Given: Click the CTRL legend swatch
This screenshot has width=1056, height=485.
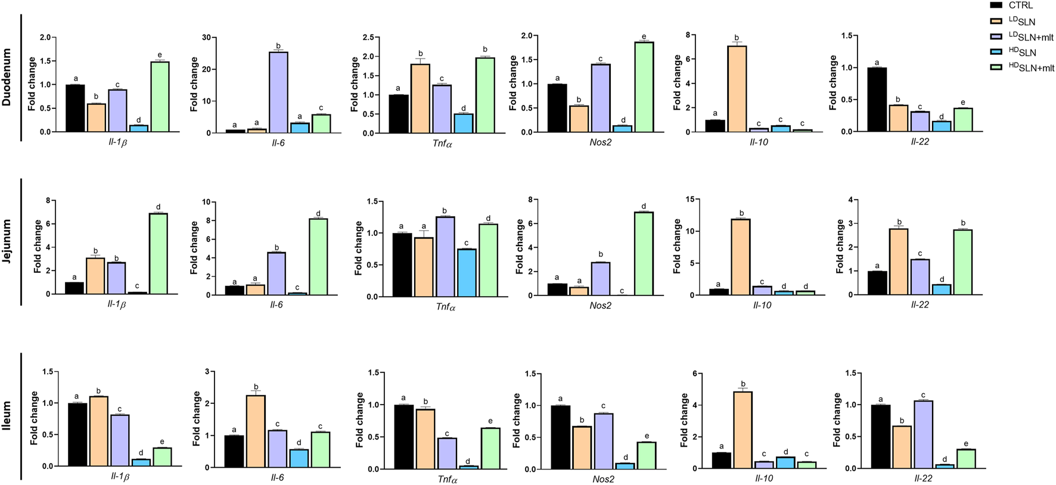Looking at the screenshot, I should (x=996, y=5).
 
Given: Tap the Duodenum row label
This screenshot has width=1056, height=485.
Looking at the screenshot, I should (x=7, y=77).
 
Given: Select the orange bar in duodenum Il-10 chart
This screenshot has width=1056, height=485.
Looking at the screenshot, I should (x=737, y=89).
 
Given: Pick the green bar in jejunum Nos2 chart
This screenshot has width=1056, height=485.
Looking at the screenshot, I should (x=644, y=253).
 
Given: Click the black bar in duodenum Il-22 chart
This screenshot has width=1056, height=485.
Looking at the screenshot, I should (x=877, y=100).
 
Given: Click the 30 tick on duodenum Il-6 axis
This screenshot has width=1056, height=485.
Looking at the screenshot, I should (x=207, y=38).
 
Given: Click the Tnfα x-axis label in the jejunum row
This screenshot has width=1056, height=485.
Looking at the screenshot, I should (x=445, y=306).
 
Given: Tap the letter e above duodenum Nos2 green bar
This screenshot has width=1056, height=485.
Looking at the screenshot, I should (x=644, y=37).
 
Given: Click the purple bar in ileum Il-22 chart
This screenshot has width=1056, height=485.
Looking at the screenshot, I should (x=923, y=434).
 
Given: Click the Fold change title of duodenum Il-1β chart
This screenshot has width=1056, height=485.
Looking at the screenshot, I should (x=32, y=84).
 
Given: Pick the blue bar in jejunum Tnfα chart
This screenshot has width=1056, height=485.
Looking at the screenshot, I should (x=467, y=272).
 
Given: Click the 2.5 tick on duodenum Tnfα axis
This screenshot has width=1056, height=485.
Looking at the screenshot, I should (x=368, y=38).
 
